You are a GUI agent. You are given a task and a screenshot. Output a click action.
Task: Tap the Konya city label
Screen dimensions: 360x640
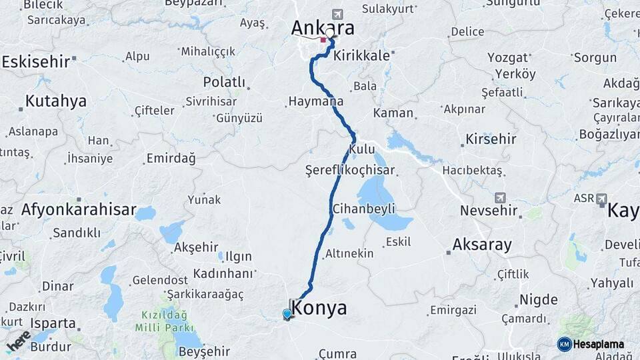click(320, 308)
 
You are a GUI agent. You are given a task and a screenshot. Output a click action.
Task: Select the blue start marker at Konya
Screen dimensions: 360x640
click(287, 314)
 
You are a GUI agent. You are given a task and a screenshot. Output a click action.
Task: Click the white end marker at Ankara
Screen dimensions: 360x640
click(329, 32)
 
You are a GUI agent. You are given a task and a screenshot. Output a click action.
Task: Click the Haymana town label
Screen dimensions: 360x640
click(316, 101)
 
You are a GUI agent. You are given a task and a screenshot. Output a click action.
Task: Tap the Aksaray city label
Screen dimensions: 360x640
click(482, 245)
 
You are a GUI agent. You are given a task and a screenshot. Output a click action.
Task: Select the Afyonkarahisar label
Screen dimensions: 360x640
click(78, 210)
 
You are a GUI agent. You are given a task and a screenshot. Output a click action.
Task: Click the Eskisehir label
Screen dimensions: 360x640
click(36, 62)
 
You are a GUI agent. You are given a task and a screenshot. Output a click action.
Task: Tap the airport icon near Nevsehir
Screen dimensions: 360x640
click(500, 198)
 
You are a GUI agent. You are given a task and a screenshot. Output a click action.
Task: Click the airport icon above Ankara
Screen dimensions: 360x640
click(337, 14)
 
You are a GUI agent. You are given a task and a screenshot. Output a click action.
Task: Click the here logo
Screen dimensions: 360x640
click(18, 341)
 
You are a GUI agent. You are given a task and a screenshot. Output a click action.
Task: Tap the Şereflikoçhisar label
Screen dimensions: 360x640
click(350, 170)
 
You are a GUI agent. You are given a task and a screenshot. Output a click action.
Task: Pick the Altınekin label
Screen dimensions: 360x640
click(349, 254)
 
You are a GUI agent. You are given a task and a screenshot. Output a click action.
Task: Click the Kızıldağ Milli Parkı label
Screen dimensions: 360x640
click(161, 321)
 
